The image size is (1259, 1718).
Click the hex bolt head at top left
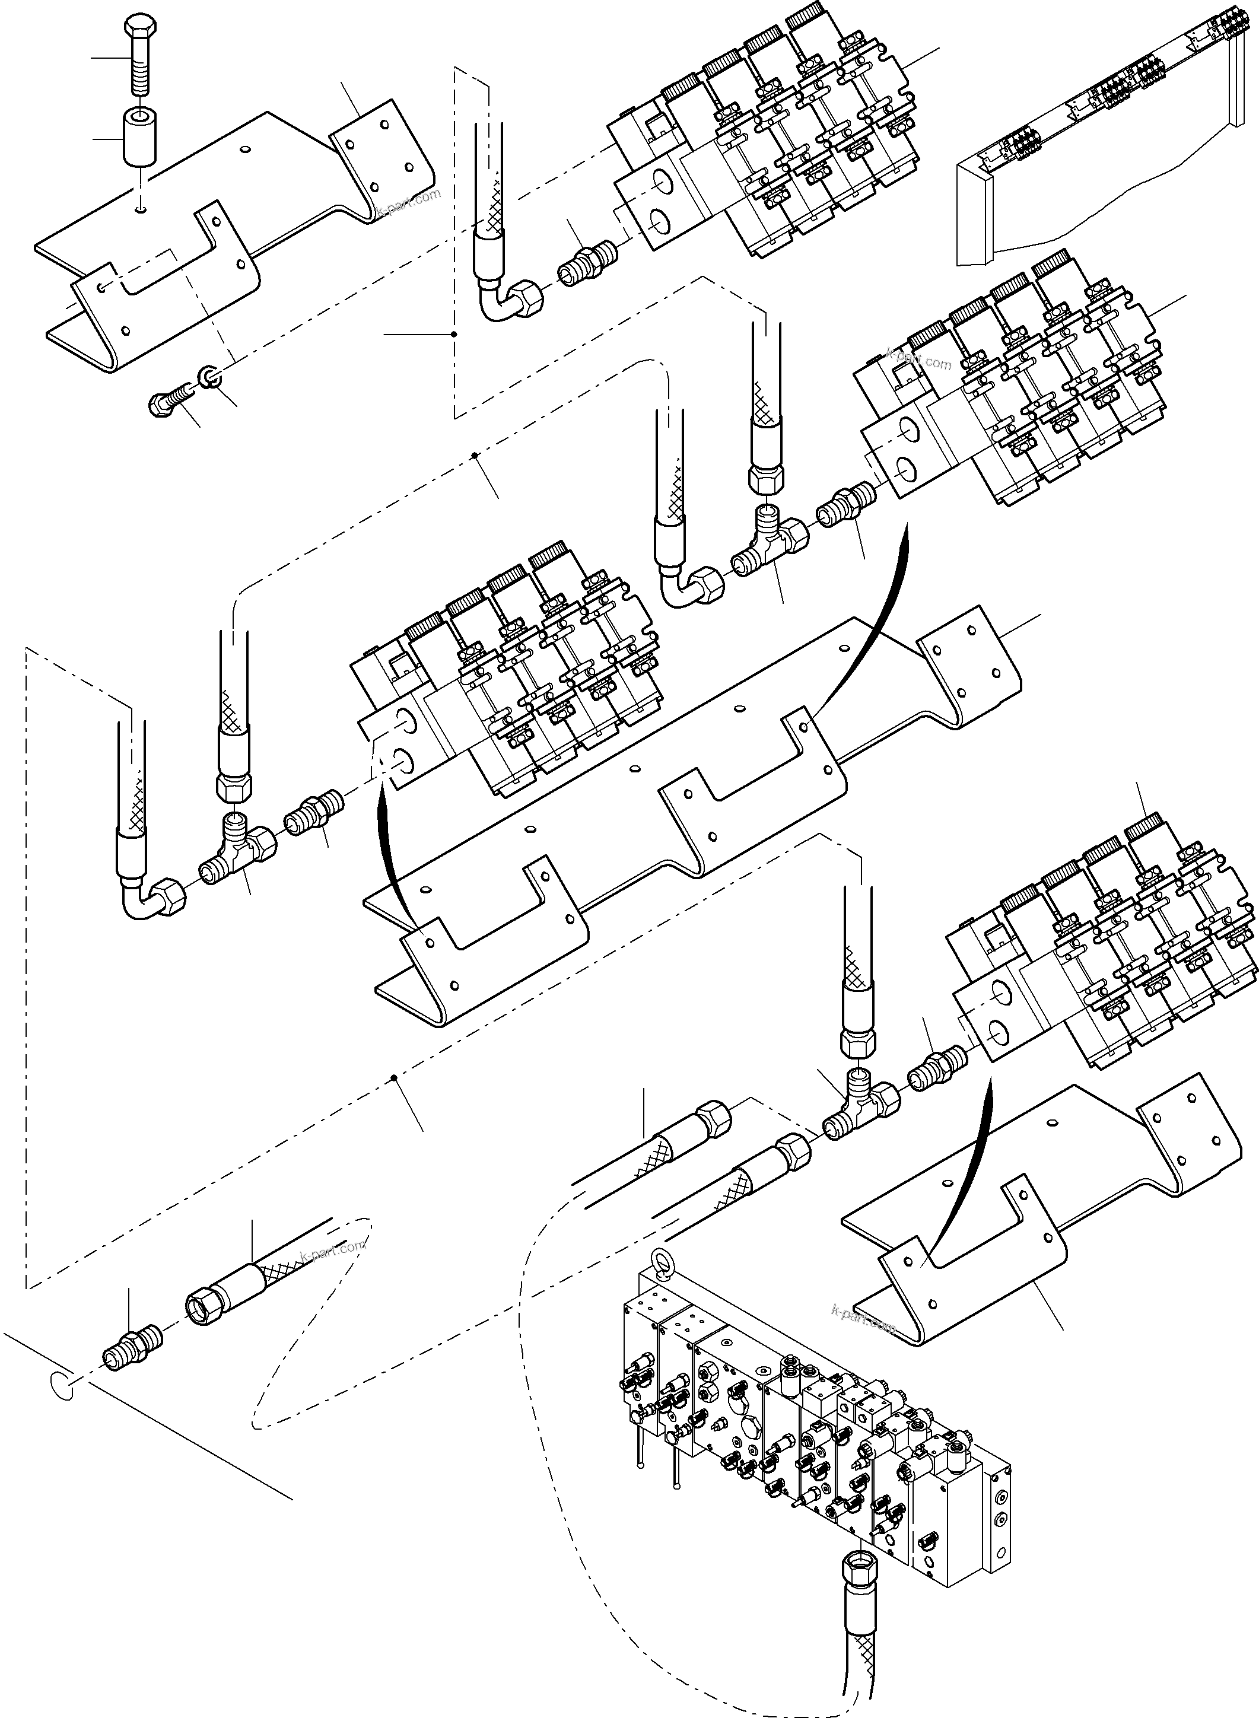click(x=138, y=27)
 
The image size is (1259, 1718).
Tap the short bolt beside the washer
click(x=169, y=399)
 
